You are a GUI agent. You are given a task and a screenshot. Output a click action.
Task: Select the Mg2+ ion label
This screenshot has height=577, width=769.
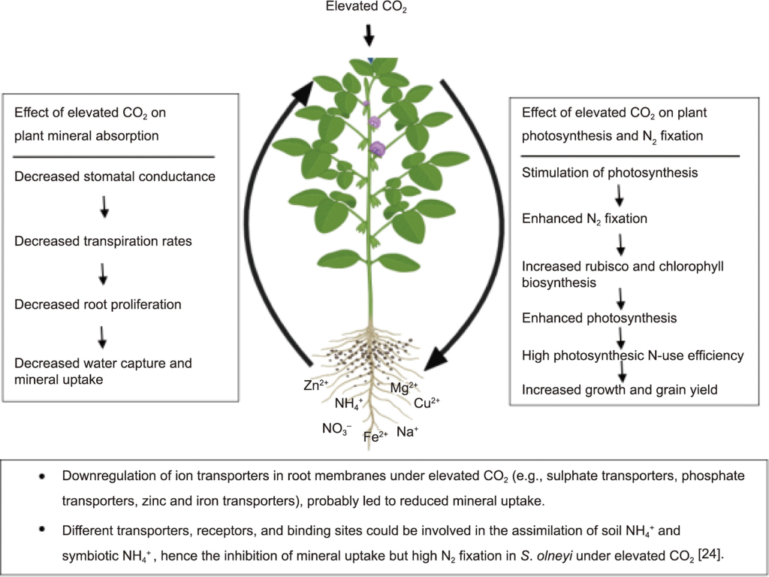point(404,388)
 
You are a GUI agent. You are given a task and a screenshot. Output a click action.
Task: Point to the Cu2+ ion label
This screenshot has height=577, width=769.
point(427,403)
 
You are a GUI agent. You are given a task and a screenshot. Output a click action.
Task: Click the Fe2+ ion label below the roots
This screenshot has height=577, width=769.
point(375,436)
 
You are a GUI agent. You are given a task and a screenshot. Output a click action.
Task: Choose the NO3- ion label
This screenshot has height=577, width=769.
point(337,430)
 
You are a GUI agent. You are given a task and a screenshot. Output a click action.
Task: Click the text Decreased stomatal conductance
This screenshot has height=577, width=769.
point(115,177)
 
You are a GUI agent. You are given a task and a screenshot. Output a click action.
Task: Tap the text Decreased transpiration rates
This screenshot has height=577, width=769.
point(103,241)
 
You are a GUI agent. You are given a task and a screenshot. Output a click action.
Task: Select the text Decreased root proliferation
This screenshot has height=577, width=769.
point(98,305)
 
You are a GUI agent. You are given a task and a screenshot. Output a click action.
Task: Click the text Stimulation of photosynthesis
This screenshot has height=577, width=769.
point(610,173)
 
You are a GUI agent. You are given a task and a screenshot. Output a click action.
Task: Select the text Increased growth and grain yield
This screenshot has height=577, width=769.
point(620,389)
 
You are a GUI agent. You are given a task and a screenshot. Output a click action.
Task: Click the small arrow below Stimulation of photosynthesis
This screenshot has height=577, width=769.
point(620,196)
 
